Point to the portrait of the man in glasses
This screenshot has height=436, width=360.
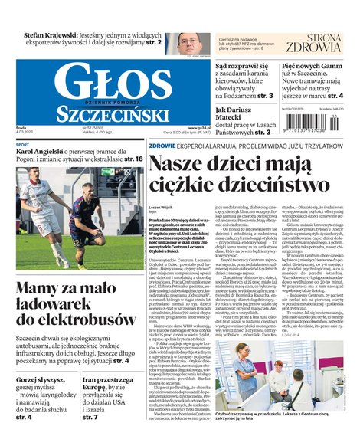[x=189, y=44]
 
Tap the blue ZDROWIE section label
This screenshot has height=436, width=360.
[x=162, y=145]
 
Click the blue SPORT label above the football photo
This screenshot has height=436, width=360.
[x=23, y=145]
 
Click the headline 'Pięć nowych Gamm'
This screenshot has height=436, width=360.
[x=314, y=67]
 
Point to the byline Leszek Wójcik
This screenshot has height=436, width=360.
[x=161, y=207]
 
